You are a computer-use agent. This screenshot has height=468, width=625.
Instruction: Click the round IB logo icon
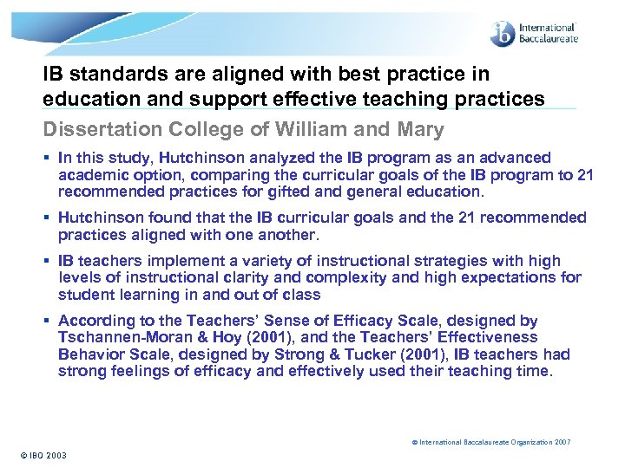pos(503,34)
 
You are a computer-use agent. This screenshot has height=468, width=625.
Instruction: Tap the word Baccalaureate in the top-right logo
pos(548,39)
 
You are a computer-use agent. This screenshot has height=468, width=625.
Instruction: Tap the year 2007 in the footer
pos(562,442)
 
